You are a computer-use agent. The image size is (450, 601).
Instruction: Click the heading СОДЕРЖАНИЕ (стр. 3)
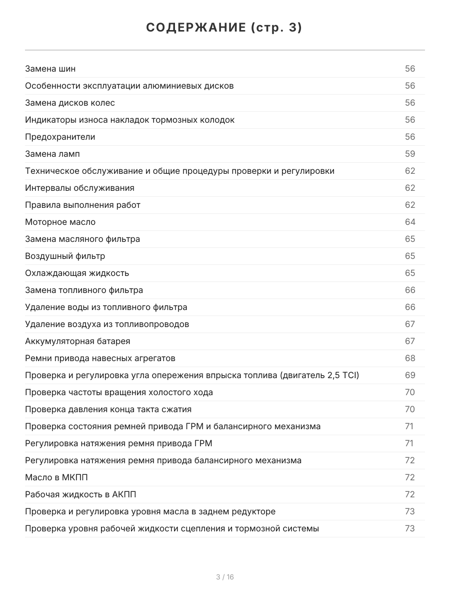[224, 28]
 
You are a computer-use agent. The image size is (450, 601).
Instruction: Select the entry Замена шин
[50, 69]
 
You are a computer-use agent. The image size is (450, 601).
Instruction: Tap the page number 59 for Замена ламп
[410, 154]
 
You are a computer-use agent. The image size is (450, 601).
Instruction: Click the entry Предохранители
[60, 137]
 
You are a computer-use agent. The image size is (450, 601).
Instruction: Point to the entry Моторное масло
[60, 222]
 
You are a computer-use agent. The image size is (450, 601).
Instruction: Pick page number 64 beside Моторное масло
[410, 222]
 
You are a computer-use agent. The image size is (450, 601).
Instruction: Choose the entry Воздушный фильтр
[65, 256]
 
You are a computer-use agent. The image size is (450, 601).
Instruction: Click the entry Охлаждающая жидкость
[77, 273]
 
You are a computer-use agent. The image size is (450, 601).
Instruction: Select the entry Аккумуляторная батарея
[77, 341]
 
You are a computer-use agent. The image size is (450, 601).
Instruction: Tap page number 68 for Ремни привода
[410, 358]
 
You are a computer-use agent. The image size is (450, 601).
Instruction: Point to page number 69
[410, 375]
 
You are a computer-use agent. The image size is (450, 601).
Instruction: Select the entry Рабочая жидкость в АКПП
[80, 494]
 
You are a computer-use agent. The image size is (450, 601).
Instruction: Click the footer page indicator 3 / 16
[225, 577]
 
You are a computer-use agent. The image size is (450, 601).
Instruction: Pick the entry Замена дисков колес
[70, 103]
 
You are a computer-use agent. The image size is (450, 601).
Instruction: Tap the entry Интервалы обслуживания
[79, 188]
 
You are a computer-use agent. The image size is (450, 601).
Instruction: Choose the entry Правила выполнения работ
[82, 205]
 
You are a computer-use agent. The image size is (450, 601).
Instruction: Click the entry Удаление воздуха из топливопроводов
[107, 324]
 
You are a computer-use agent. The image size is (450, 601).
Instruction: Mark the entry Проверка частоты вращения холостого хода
[119, 392]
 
